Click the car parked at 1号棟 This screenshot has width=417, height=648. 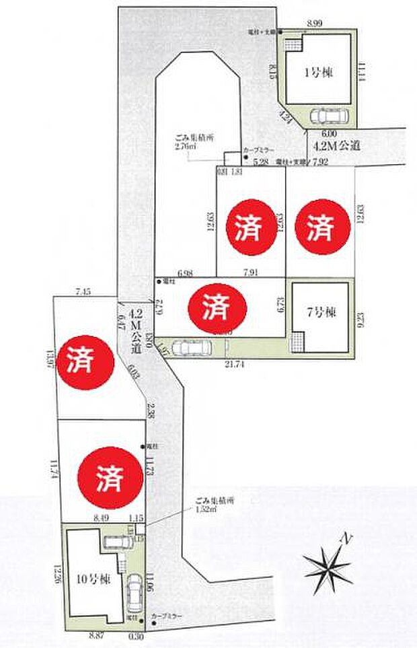click(329, 117)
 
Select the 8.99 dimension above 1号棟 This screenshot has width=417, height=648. click(314, 24)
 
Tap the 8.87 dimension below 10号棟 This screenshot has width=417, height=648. click(96, 634)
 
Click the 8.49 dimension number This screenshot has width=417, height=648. click(102, 517)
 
